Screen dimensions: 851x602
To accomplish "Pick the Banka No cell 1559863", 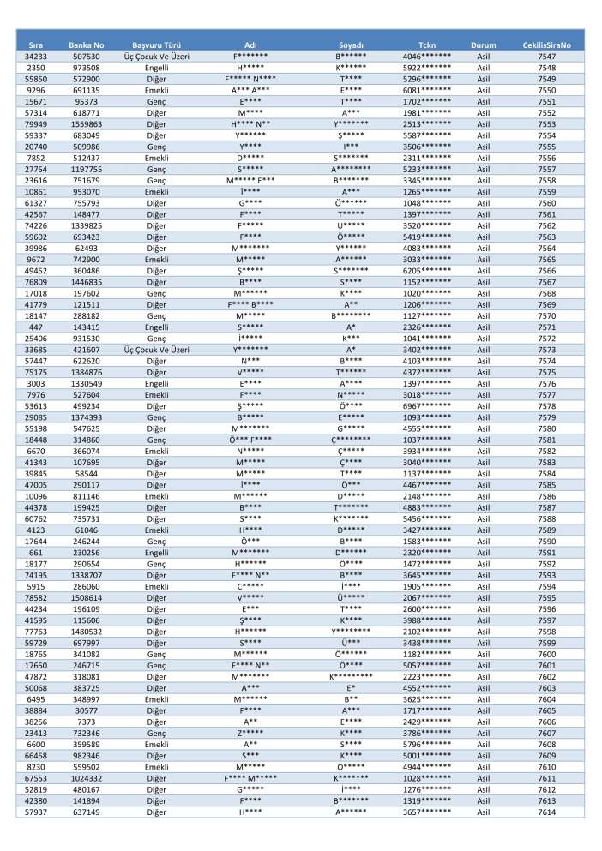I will (x=87, y=123).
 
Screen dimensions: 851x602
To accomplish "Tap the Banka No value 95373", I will (x=87, y=101).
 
